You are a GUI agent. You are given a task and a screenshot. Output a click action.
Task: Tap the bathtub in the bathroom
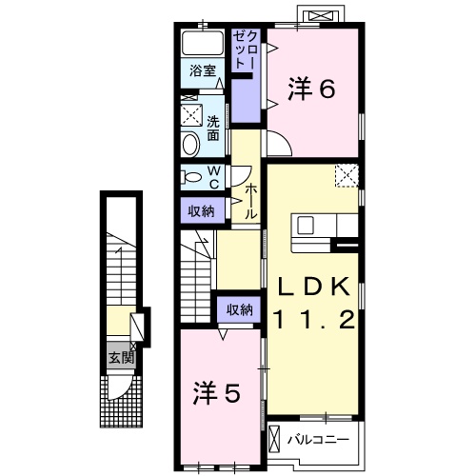click(x=201, y=44)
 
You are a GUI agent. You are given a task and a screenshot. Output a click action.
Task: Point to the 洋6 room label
click(x=312, y=89)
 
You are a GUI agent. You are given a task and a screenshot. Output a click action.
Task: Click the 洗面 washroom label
click(x=214, y=129)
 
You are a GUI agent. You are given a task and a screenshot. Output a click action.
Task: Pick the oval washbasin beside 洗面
click(x=189, y=144)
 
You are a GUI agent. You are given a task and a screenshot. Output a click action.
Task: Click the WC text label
click(x=214, y=177)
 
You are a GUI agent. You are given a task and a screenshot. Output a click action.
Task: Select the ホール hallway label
click(x=250, y=202)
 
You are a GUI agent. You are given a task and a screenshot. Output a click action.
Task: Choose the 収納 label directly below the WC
click(x=200, y=211)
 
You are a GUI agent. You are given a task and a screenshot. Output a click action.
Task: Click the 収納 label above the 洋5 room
click(x=239, y=309)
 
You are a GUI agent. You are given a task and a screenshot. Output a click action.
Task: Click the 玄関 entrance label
click(x=119, y=358)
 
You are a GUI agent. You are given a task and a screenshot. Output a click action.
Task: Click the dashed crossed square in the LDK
click(x=347, y=174)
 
